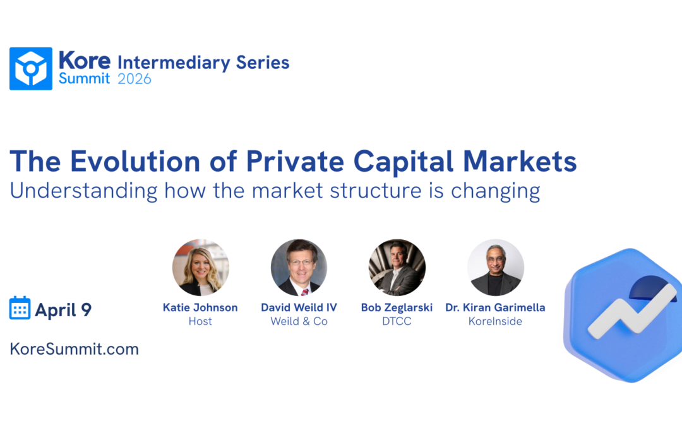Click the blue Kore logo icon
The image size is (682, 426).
tap(31, 69)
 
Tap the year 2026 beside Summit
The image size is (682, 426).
tap(135, 79)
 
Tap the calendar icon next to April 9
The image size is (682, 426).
tap(20, 308)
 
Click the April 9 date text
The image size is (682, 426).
tap(63, 310)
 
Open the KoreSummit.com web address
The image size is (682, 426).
tap(75, 348)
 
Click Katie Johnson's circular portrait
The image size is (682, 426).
tap(200, 268)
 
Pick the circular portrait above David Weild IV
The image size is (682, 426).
tap(299, 268)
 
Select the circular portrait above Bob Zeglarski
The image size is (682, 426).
tap(397, 268)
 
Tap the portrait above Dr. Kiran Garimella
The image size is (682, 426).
tap(496, 268)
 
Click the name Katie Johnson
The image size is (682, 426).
tap(200, 308)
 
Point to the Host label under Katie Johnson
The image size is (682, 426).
tap(200, 321)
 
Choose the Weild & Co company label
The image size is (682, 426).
tap(299, 321)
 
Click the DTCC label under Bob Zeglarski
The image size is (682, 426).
tap(397, 321)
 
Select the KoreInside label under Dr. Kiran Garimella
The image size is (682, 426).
tap(496, 321)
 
